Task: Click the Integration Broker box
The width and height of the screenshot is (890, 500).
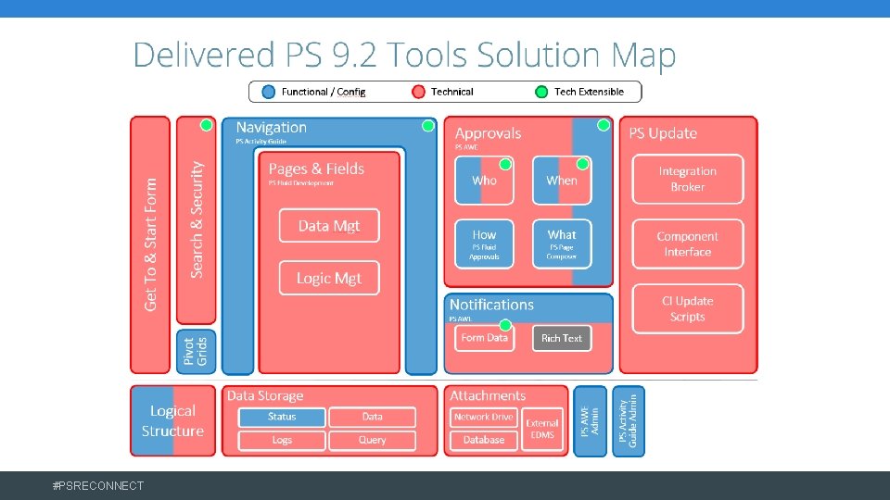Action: [687, 179]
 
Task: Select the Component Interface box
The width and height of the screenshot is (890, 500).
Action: [687, 244]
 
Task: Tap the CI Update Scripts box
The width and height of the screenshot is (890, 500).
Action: [687, 308]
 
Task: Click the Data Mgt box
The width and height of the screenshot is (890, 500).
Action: [329, 226]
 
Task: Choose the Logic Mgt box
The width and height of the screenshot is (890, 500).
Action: [329, 278]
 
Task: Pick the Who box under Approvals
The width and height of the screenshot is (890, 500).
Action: [484, 181]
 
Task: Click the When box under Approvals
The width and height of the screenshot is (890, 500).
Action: [561, 181]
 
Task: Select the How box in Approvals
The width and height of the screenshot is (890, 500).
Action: [484, 244]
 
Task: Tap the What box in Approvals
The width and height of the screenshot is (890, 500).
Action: [561, 244]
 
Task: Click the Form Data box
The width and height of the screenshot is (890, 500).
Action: [484, 338]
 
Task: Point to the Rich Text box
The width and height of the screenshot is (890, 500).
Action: [561, 338]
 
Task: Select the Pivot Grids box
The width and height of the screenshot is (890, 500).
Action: [196, 352]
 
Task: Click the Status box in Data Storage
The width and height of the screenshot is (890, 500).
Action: [282, 417]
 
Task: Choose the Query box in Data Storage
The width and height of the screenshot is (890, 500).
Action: [372, 440]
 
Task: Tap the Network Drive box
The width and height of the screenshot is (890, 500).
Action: [483, 417]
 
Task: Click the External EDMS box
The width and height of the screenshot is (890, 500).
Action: [542, 429]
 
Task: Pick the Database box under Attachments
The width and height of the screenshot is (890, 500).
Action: [483, 440]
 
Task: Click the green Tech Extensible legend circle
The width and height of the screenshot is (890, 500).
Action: [541, 92]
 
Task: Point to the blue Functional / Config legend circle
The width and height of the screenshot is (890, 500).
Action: [269, 92]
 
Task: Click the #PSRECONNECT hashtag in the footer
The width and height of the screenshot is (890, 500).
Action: [98, 485]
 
